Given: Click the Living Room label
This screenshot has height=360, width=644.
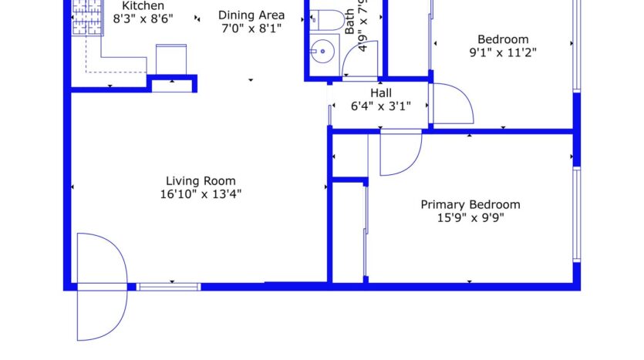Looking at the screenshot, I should pos(198,182).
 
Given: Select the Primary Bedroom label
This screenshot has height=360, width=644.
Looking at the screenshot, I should pos(470,204).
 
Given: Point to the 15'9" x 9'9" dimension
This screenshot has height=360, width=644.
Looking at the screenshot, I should pos(470,217).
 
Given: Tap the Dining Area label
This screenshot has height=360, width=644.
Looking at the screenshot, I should pos(251,15).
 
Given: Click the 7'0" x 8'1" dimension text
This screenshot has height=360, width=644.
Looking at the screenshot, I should pos(251,28).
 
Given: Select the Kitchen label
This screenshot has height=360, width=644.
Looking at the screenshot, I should pos(143,5).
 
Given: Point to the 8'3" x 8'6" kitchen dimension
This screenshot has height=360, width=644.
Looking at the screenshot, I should pos(143,17).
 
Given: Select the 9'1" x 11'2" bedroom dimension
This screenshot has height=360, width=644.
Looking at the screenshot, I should pos(503,53).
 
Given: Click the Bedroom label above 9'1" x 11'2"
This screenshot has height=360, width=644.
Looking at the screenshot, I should pos(503,40).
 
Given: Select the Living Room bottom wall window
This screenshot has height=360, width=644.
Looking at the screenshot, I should pos(169,287).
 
